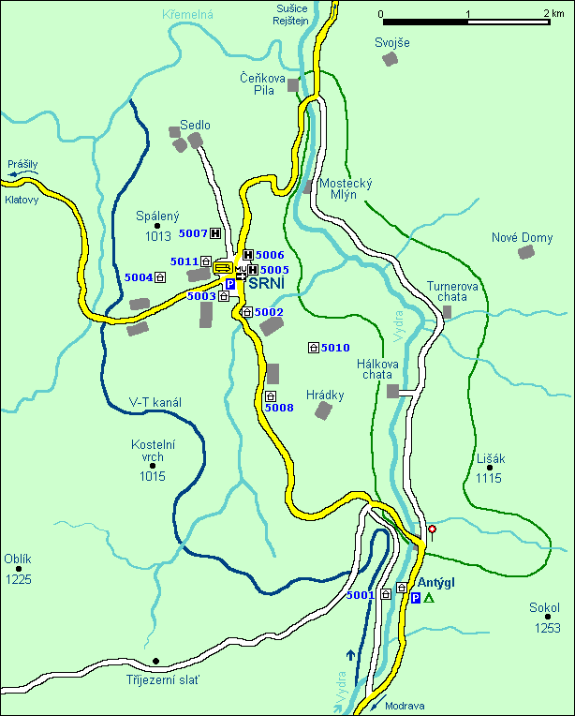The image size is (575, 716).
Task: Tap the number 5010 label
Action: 335,348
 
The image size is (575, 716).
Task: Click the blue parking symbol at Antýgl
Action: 416,598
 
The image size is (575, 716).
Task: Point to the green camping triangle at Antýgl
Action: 429,598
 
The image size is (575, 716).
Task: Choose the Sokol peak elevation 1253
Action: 549,627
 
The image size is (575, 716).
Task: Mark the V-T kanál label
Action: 155,402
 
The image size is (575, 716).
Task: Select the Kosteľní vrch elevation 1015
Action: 153,476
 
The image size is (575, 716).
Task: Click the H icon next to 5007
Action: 215,233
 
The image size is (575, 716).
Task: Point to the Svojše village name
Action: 392,42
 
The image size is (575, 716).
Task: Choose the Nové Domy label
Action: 522,237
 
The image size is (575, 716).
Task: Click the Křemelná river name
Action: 187,16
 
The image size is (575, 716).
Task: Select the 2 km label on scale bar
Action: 552,14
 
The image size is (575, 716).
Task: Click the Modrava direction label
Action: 405,707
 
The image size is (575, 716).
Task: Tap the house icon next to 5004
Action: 160,276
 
